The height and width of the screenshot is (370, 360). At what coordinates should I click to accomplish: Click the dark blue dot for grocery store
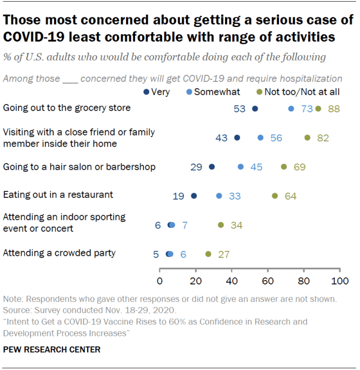tap(255, 109)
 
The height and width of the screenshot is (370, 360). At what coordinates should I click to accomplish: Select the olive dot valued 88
tap(318, 109)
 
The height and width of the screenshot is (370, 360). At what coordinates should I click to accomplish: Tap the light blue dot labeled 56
tap(260, 138)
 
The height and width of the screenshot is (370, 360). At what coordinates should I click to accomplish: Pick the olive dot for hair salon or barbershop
tap(284, 166)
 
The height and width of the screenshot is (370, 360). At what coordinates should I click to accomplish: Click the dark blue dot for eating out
tap(194, 196)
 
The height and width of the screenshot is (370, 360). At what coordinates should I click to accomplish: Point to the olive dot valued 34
tap(221, 225)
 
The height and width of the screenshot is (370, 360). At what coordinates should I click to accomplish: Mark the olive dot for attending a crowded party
tap(208, 254)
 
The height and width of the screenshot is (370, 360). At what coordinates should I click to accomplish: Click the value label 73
tap(307, 109)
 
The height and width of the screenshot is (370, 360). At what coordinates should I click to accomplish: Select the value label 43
tap(222, 138)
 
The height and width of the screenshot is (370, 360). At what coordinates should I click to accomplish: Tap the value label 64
tap(290, 196)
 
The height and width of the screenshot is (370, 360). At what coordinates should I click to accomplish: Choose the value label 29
tap(196, 167)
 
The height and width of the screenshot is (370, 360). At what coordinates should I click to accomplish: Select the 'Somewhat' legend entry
tap(214, 92)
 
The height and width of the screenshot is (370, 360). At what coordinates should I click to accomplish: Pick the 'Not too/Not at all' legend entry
tap(298, 92)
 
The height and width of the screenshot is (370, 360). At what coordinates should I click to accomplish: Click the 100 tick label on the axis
tap(339, 281)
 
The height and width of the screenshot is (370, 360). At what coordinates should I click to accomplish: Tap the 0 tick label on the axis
tap(160, 281)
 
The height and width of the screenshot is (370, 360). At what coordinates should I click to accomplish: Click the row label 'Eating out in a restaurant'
tap(58, 195)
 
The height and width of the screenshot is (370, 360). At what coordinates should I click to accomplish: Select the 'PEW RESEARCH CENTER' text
tap(52, 349)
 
